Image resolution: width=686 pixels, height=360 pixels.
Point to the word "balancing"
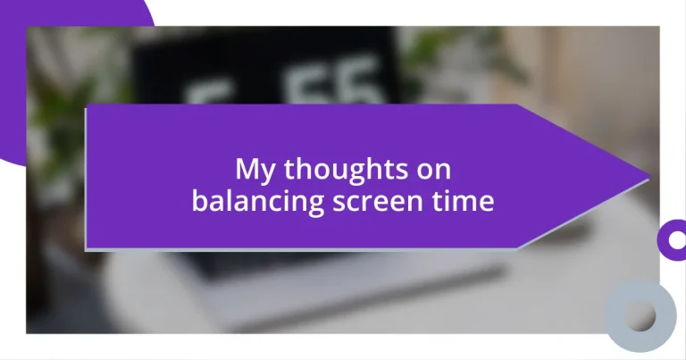pyautogui.click(x=257, y=201)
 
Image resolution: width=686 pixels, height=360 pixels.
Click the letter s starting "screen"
pyautogui.click(x=339, y=203)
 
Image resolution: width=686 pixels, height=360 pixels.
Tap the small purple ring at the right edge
pyautogui.click(x=672, y=239)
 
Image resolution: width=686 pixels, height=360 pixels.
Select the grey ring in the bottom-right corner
pyautogui.click(x=640, y=315)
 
